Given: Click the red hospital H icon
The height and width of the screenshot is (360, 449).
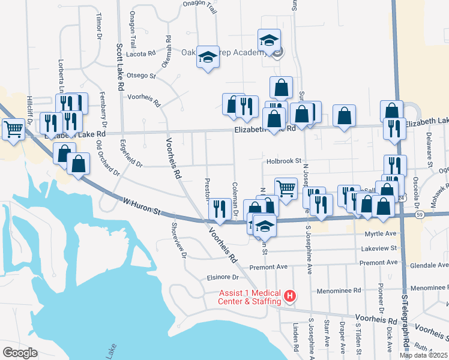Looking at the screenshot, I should [x=290, y=296].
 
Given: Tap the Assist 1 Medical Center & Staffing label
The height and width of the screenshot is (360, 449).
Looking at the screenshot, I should [x=250, y=297].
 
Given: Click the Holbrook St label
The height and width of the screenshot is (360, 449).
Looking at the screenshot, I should [x=283, y=161].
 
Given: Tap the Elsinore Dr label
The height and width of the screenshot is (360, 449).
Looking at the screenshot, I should [x=223, y=277].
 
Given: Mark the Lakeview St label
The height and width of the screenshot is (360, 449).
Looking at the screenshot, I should [x=379, y=248].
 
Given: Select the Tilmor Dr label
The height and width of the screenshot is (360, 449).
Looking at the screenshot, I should [x=97, y=28].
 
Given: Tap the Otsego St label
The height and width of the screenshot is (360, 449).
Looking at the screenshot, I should [x=141, y=76].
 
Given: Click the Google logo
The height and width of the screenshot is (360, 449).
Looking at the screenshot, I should [x=20, y=352].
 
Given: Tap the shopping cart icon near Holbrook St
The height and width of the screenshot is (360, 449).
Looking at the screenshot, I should [x=286, y=188].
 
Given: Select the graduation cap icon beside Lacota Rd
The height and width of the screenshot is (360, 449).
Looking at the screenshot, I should [x=208, y=57].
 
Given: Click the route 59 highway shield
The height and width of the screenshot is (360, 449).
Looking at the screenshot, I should [x=420, y=214].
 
